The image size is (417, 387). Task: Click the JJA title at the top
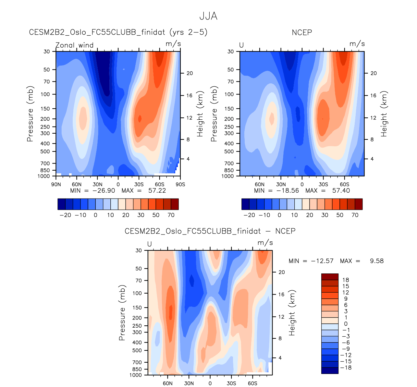208,16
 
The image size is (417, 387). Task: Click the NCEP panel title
302,32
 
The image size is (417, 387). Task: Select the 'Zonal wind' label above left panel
75,45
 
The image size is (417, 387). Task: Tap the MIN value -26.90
104,191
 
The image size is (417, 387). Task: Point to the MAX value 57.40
341,191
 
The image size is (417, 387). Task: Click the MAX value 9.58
377,261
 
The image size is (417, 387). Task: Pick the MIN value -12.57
323,261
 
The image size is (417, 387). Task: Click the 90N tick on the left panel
56,185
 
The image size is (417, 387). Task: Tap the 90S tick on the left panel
180,185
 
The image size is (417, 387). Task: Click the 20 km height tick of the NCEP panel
374,73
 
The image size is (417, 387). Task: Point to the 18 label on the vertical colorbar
346,280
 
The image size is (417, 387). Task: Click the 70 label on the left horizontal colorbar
171,215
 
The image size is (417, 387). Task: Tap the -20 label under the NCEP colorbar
249,215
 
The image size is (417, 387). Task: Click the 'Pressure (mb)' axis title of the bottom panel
122,313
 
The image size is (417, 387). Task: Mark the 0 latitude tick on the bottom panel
210,383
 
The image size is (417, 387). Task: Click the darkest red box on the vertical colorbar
330,277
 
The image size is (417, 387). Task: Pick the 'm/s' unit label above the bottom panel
265,243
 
